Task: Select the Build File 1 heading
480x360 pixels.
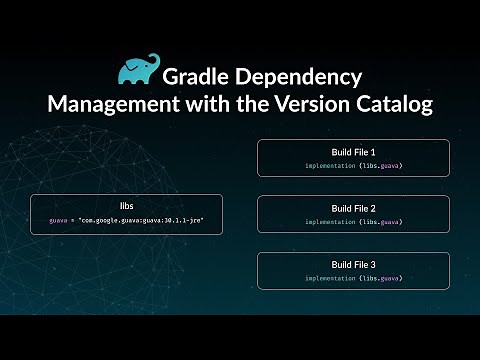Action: [353, 151]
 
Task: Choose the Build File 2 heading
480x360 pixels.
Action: [353, 207]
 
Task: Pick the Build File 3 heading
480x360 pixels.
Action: [353, 264]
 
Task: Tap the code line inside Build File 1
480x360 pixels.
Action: [353, 164]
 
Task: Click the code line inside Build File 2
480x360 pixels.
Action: [353, 221]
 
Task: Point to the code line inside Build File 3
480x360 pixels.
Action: [353, 278]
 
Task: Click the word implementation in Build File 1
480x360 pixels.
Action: [328, 164]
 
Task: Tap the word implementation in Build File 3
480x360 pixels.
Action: [328, 278]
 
